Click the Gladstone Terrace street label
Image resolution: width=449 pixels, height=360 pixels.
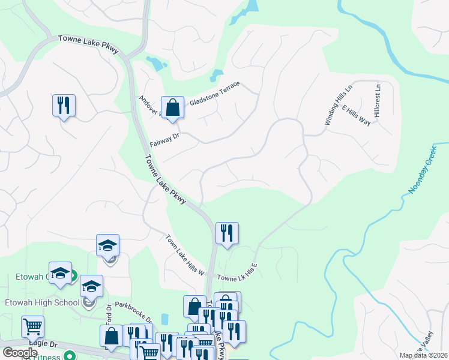[214, 94]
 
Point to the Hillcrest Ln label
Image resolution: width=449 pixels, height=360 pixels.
[377, 100]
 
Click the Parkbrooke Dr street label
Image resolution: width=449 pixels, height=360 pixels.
[133, 311]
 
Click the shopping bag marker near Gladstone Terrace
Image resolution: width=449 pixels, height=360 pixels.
[172, 108]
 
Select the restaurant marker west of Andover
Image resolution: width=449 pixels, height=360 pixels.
[63, 106]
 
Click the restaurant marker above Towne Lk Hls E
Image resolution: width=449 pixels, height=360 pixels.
[227, 233]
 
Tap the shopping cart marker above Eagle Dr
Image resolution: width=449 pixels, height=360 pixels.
[32, 327]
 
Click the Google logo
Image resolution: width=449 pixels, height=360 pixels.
[20, 353]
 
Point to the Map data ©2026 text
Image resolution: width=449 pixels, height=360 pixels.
[424, 355]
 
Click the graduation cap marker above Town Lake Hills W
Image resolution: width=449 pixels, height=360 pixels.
[108, 245]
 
